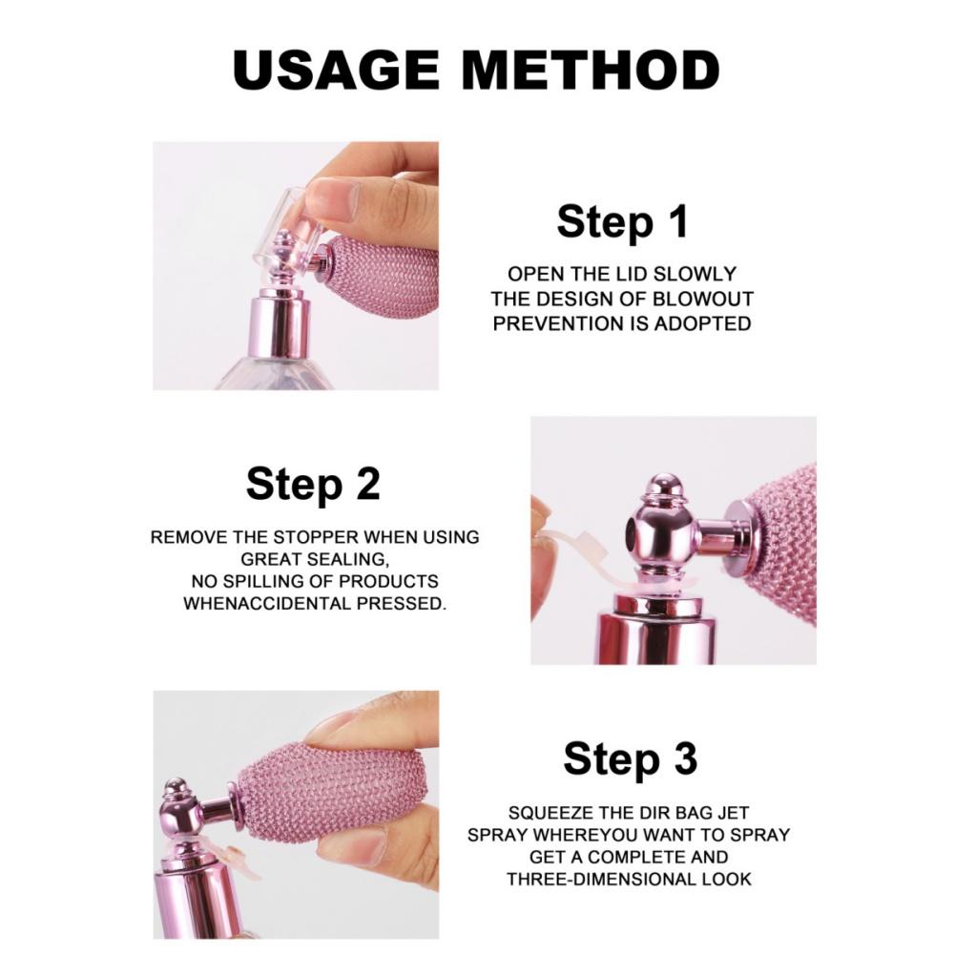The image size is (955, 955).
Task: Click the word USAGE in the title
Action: click(x=336, y=69)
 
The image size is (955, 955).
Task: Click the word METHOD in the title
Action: click(x=592, y=69)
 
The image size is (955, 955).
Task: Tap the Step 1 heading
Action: click(x=622, y=221)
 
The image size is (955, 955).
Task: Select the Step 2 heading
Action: click(x=313, y=484)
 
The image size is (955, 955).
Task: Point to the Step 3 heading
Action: click(x=630, y=758)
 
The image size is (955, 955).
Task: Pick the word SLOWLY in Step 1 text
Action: click(x=695, y=274)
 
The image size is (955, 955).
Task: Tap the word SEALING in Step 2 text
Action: click(x=347, y=559)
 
